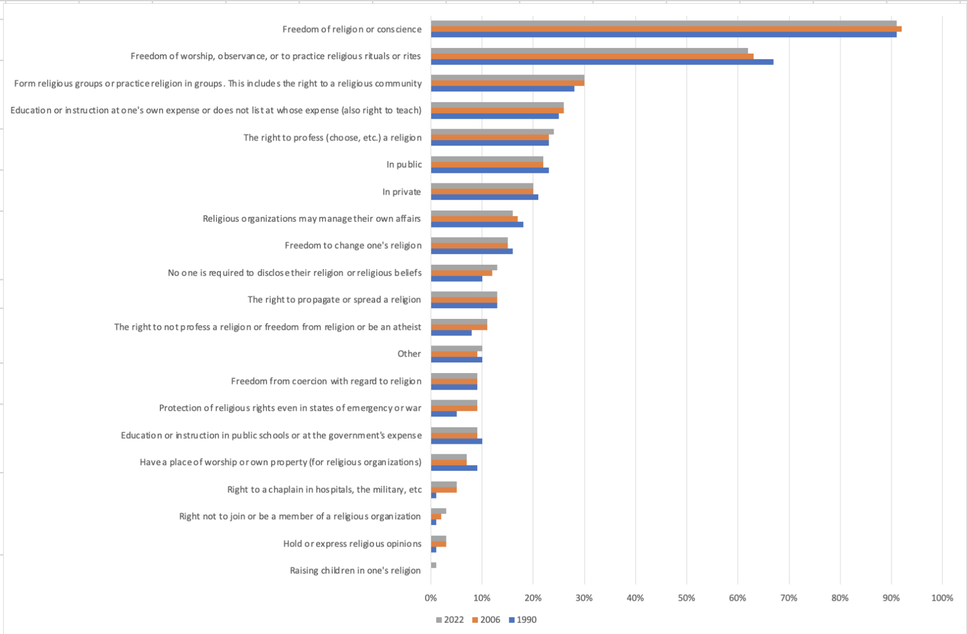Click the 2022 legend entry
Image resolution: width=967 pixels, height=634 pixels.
tap(450, 620)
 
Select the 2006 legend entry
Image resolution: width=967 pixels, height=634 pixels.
tap(486, 620)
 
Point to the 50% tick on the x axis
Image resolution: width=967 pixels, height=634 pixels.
tap(686, 597)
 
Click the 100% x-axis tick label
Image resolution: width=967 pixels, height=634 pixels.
tap(942, 597)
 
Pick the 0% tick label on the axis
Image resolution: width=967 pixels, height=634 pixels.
tap(431, 597)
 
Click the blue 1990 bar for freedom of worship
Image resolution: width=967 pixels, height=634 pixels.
tap(602, 62)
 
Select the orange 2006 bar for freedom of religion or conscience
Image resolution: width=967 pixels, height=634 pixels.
tap(666, 29)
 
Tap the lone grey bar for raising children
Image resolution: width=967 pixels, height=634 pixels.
tap(434, 565)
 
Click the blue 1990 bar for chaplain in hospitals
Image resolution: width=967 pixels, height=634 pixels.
tap(434, 495)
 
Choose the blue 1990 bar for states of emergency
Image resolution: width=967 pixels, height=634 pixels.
tap(444, 414)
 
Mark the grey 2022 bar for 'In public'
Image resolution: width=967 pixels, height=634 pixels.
tap(487, 159)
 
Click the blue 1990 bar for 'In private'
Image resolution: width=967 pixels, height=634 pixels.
tap(484, 197)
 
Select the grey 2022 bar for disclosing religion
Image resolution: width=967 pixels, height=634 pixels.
tap(464, 267)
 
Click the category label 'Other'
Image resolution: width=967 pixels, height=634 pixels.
tap(409, 354)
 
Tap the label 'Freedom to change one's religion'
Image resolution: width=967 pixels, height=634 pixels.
tap(353, 245)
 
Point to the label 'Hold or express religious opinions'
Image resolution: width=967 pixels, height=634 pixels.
tap(352, 543)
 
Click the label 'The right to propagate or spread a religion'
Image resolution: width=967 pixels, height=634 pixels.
tap(334, 299)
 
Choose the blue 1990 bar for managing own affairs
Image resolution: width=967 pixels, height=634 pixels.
tap(477, 224)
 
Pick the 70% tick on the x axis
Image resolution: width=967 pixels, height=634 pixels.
tap(789, 597)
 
